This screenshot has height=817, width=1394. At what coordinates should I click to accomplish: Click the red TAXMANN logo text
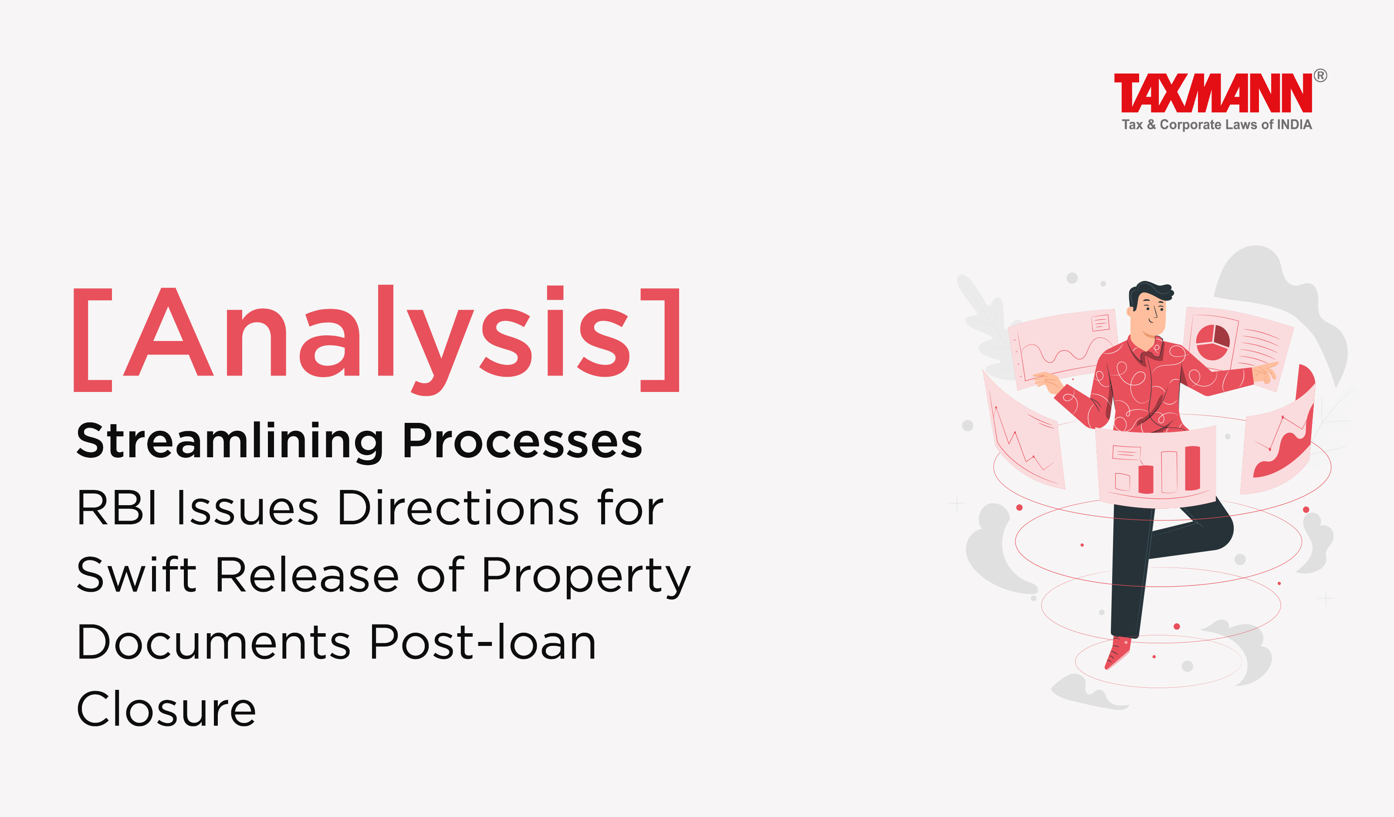(x=1212, y=92)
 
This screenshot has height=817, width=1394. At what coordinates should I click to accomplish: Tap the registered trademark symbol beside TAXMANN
(x=1320, y=75)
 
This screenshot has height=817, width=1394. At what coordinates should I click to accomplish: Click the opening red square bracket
(x=93, y=340)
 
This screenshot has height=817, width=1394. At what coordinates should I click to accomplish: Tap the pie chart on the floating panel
(x=1212, y=341)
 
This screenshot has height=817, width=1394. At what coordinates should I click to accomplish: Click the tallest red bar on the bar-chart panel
(x=1192, y=468)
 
